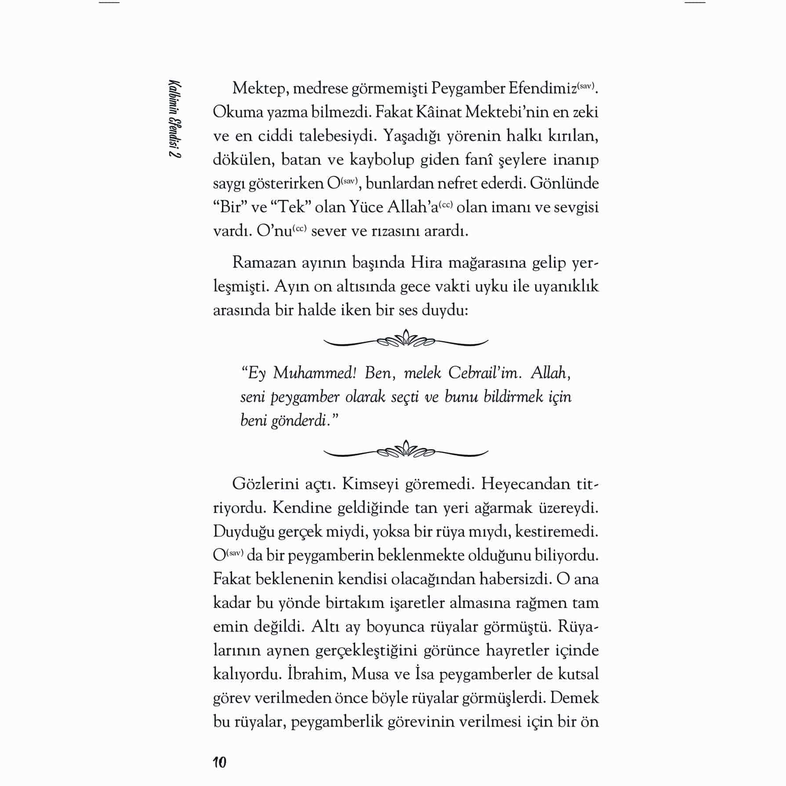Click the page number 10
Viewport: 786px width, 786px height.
(219, 762)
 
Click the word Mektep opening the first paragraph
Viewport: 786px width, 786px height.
(259, 88)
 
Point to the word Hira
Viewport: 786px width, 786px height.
(426, 262)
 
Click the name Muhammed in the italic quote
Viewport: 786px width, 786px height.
(314, 373)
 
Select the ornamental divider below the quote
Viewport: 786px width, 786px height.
(406, 451)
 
